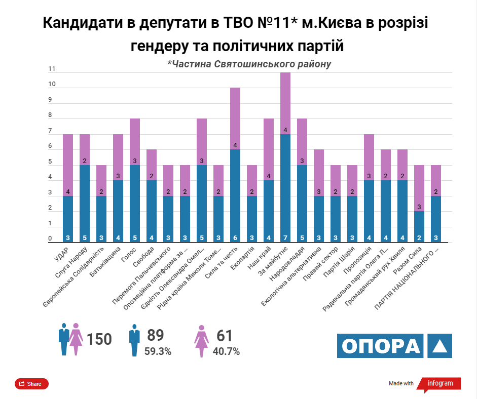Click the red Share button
click(x=31, y=384)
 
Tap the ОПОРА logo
click(x=394, y=345)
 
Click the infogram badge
click(x=439, y=383)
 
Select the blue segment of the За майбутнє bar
click(x=285, y=187)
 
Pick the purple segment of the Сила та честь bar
click(x=235, y=118)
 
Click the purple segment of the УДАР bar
click(x=68, y=165)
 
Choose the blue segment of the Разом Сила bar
click(x=419, y=226)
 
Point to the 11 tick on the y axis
click(x=51, y=69)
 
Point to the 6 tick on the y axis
click(x=50, y=146)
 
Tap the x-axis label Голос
click(x=127, y=255)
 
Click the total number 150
click(x=99, y=339)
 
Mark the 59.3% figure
click(x=158, y=351)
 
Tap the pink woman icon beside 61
click(x=202, y=340)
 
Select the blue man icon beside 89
click(x=134, y=340)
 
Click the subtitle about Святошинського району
click(x=249, y=64)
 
